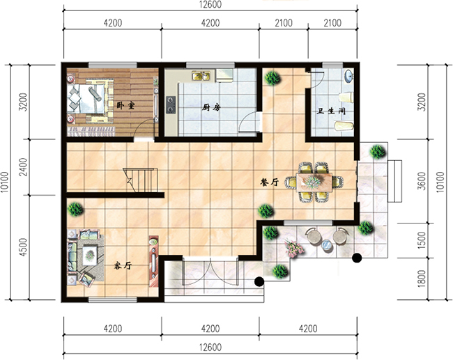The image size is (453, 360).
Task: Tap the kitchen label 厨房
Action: [211, 107]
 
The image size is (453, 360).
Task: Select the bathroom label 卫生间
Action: [331, 111]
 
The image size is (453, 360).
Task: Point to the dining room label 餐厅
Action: [269, 182]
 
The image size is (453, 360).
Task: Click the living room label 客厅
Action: [123, 265]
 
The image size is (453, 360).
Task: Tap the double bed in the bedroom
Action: [86, 98]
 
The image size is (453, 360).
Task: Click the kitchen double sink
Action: [201, 76]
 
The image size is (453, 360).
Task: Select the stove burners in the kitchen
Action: [171, 104]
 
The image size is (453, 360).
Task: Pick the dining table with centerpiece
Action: [314, 182]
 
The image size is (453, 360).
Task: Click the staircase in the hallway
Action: [141, 180]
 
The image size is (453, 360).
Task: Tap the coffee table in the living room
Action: [90, 255]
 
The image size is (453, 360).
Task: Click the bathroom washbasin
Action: [348, 76]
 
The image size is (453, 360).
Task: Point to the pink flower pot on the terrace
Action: [293, 248]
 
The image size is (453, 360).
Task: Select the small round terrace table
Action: [327, 245]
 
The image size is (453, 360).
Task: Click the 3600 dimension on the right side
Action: [422, 181]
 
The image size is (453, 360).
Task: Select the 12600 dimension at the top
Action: [210, 4]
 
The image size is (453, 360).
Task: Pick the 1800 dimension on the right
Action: [422, 279]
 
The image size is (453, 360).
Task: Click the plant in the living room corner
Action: [75, 209]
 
